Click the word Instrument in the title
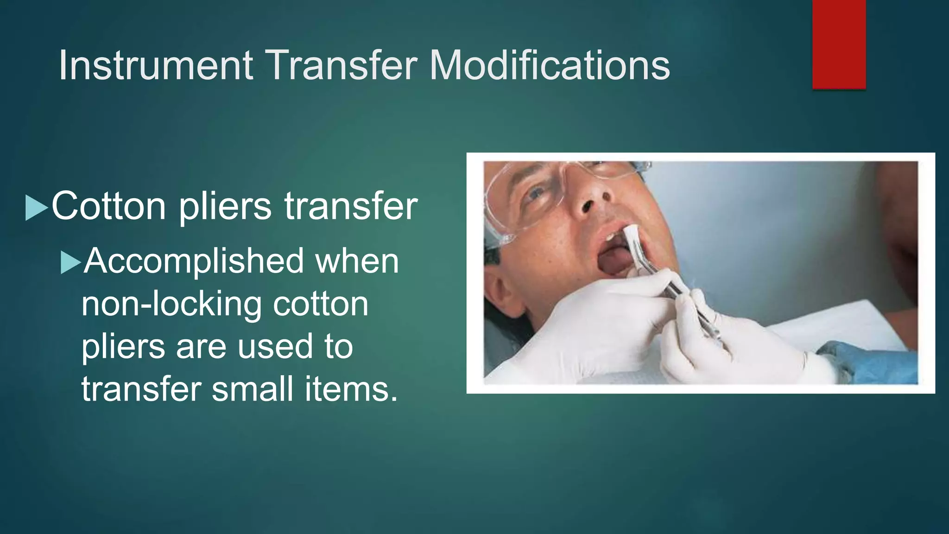156,66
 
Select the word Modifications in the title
550,66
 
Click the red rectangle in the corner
839,44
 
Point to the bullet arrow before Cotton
37,207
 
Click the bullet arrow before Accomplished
70,262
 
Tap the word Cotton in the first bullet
108,206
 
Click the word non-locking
171,304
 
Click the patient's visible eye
537,192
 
